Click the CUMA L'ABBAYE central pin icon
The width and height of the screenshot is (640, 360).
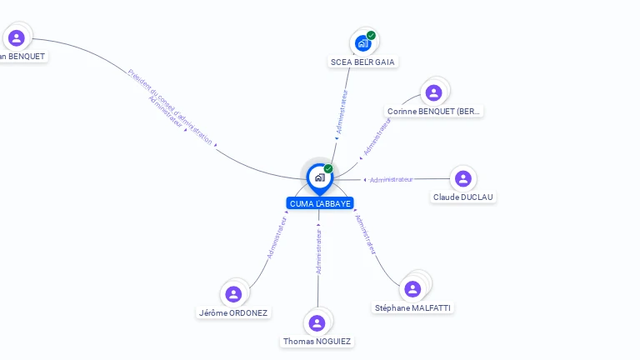(x=319, y=177)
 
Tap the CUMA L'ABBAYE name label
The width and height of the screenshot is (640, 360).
(x=320, y=203)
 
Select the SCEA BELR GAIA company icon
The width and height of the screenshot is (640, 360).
(x=362, y=43)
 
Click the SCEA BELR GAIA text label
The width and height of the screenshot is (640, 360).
(x=362, y=62)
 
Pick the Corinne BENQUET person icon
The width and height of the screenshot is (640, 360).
(x=433, y=92)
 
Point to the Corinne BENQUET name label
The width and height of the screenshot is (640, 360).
(x=434, y=111)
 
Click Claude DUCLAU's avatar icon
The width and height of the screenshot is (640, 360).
(x=463, y=178)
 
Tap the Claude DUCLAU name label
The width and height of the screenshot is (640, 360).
(x=463, y=197)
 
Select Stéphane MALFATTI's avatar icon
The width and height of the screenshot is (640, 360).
(x=412, y=289)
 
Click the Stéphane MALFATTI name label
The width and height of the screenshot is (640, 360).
(x=412, y=307)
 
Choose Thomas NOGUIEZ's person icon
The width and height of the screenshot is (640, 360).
(x=317, y=323)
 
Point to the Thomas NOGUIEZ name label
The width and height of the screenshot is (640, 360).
(x=317, y=342)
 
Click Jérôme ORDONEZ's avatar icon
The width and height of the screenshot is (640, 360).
(x=233, y=294)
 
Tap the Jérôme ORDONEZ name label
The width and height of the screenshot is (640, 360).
(x=233, y=312)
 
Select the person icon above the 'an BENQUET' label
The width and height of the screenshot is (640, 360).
(x=16, y=37)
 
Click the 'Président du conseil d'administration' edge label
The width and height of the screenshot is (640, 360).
(x=170, y=107)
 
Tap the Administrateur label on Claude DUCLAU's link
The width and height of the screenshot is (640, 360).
(x=391, y=180)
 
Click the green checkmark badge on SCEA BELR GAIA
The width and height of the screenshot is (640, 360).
(x=371, y=35)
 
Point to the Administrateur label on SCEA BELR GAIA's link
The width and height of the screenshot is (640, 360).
(x=341, y=112)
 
